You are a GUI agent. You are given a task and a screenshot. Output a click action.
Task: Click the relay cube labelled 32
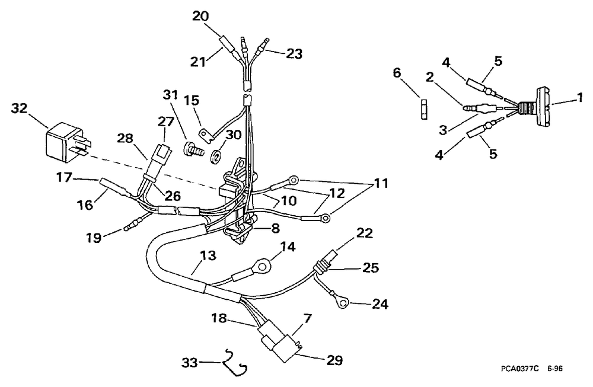point(64,142)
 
